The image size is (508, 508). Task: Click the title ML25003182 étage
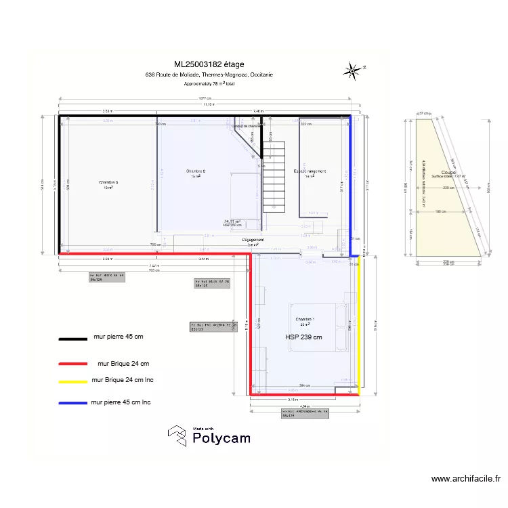click(209, 64)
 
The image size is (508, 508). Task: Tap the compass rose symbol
click(353, 68)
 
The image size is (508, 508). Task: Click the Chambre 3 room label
click(108, 182)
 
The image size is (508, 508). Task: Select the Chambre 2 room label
click(196, 171)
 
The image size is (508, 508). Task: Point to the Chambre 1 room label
click(305, 319)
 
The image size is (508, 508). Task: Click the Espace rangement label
click(310, 171)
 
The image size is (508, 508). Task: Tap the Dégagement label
click(253, 240)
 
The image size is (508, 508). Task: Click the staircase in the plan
click(274, 177)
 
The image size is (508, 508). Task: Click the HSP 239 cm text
click(303, 337)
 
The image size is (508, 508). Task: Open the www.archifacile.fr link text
click(465, 479)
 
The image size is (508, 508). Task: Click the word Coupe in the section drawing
click(448, 172)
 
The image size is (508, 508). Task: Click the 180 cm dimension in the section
click(440, 212)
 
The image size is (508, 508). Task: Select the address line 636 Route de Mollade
click(209, 75)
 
